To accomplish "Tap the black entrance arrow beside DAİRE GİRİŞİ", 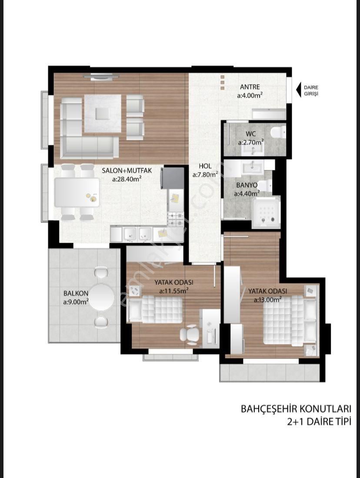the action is pos(299,90).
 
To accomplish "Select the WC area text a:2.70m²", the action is pos(251,142).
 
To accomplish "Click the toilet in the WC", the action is pos(277,133).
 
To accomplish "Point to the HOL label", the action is pos(205,166).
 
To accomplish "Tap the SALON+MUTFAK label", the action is pos(127,170).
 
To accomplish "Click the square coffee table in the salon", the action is pos(103,114).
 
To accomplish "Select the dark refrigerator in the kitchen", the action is pos(173,178).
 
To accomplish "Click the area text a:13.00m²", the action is pos(268,300).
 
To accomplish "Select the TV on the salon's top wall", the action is pos(102,77).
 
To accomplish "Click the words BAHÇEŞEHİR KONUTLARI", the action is pos(296,408).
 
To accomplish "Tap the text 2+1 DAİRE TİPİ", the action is pos(319,421).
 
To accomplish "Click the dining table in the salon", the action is pos(77,192).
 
